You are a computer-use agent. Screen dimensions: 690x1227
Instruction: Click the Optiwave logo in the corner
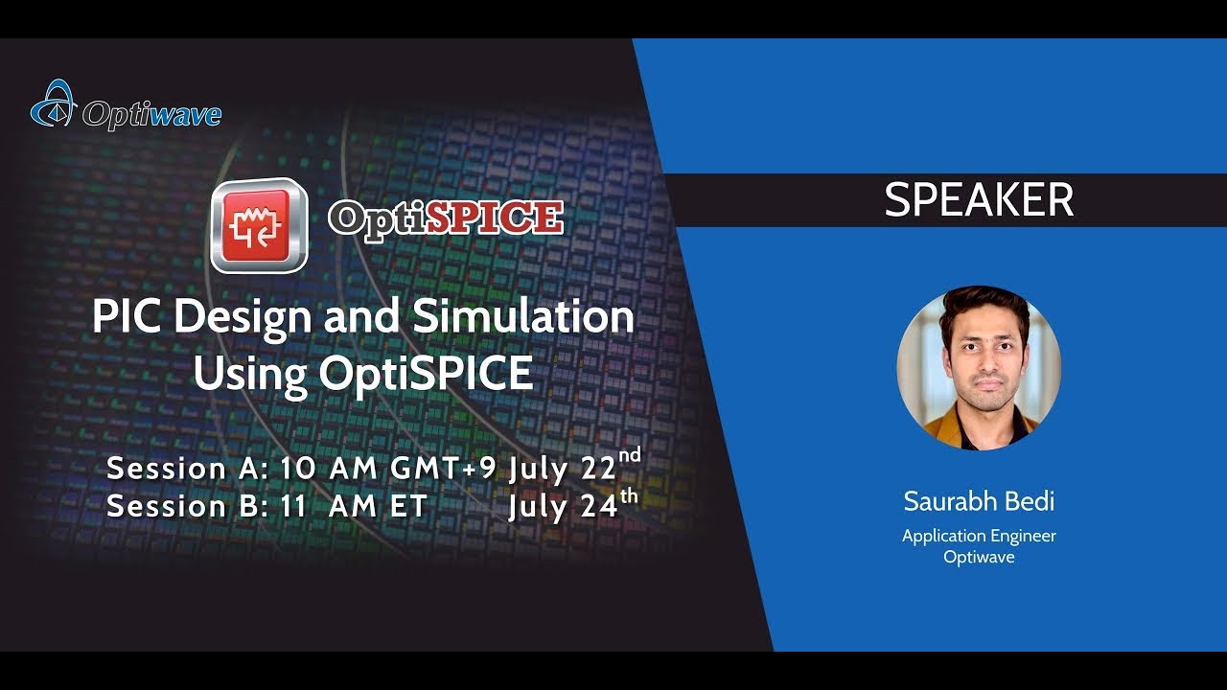[126, 107]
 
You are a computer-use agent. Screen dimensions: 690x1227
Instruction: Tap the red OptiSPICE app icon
[259, 225]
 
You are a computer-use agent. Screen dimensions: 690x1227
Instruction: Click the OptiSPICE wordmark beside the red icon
[446, 218]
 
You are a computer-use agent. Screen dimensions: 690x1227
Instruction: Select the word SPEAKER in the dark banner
[979, 200]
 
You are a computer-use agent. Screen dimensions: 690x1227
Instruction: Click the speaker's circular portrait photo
[979, 367]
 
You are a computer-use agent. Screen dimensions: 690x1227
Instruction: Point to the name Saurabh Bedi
[979, 501]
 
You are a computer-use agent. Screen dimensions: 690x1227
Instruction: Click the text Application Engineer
[979, 536]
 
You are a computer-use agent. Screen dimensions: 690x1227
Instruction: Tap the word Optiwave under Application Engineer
[979, 557]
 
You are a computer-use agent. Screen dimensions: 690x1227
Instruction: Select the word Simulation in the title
[523, 317]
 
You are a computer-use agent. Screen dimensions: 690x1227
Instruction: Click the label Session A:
[188, 469]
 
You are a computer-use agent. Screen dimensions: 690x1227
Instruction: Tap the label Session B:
[188, 507]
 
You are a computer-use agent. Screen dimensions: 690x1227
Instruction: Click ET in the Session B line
[407, 507]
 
